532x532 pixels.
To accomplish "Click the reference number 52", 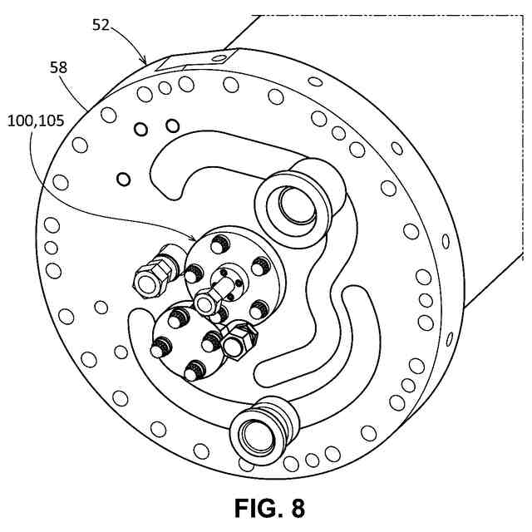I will pos(100,26).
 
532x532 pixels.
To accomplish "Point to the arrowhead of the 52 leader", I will pos(146,64).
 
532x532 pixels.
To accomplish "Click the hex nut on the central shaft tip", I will pos(207,298).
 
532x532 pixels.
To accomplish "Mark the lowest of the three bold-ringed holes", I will pos(124,179).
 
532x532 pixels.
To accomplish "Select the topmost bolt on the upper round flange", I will pos(220,243).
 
